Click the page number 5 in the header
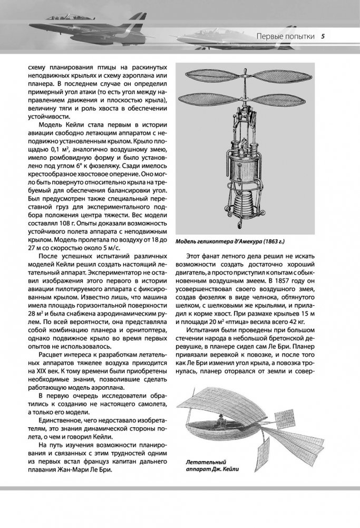pos(323,36)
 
